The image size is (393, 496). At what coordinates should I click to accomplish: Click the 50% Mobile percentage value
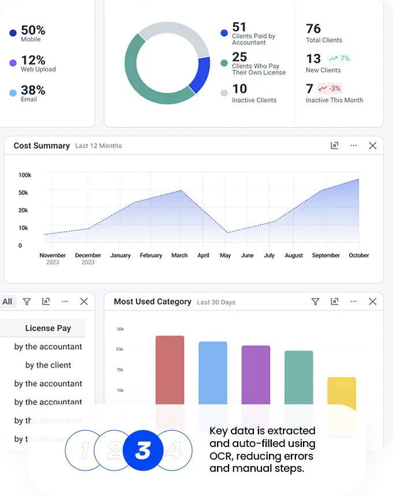coord(33,30)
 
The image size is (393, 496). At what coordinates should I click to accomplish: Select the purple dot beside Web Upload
coord(13,63)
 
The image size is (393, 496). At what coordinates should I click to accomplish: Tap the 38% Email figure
coord(33,90)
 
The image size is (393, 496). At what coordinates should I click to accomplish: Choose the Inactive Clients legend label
coord(254,100)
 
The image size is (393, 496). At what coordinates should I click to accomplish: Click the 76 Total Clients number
coord(313,29)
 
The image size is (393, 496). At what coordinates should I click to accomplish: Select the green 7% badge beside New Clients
coord(339,58)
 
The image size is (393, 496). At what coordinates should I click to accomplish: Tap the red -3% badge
coord(330,88)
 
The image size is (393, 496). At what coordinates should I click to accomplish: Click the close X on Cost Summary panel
coord(372,146)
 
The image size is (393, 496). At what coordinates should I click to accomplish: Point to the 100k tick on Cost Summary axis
coord(24,175)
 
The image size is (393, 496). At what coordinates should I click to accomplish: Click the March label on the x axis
coord(179,255)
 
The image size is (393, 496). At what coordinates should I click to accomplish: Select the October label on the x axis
coord(358,255)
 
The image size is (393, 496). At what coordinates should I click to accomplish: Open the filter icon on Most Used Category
coord(315,302)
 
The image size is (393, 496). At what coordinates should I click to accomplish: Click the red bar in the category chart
coord(170,369)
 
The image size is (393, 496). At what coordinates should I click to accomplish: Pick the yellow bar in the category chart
coord(342,392)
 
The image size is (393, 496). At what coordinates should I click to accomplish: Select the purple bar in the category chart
coord(256,375)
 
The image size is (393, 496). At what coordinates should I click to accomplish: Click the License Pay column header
coord(48,328)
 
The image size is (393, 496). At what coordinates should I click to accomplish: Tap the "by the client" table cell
coord(48,365)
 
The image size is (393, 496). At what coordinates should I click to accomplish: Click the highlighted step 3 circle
coord(143,450)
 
